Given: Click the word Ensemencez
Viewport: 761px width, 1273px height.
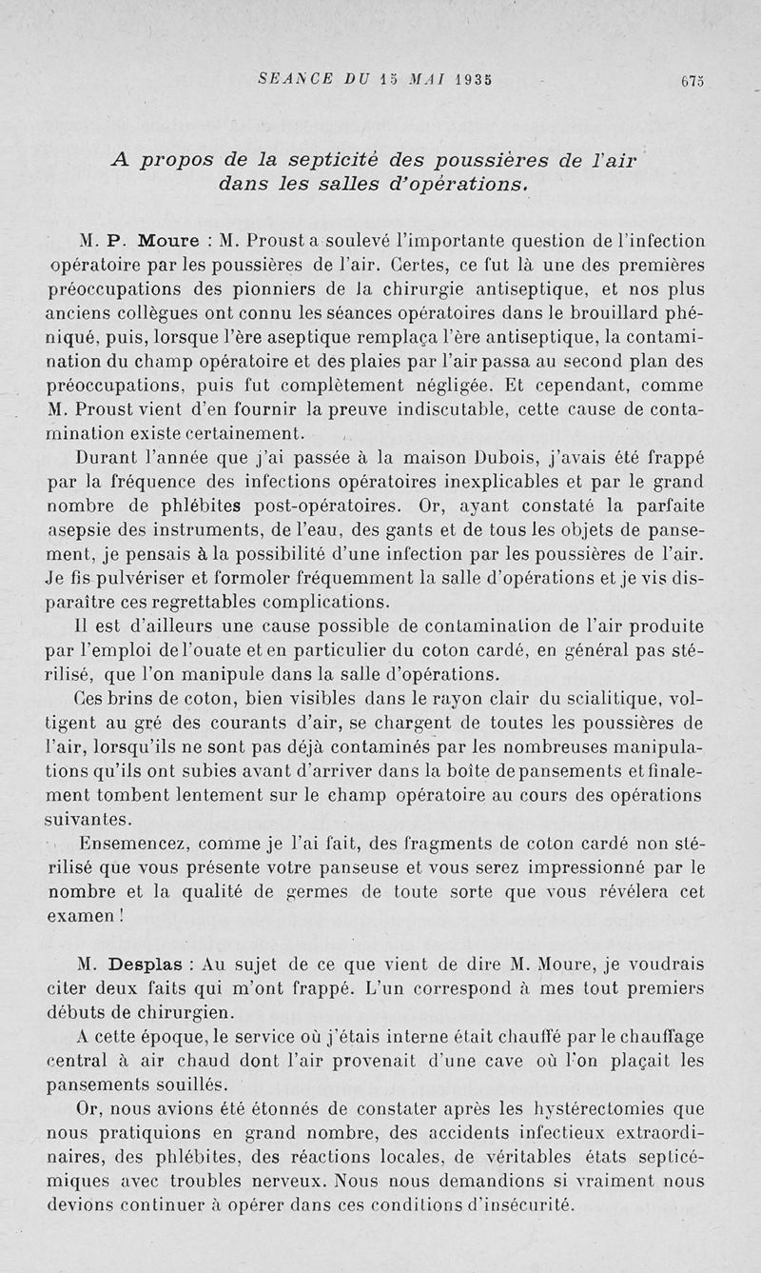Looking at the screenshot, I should point(140,844).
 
